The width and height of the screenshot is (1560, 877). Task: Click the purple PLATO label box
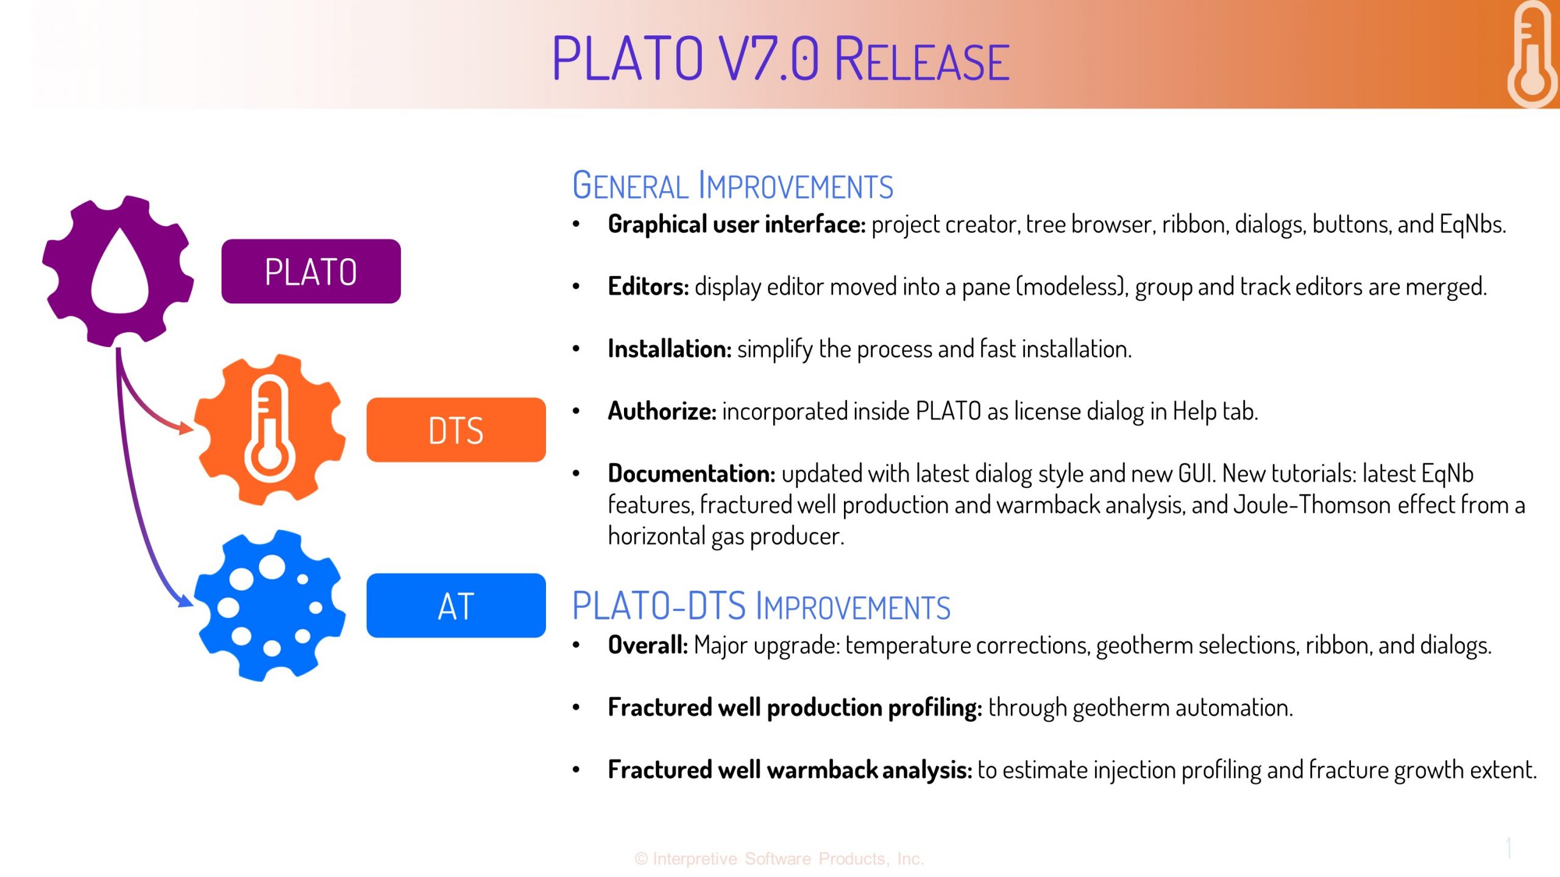(x=311, y=271)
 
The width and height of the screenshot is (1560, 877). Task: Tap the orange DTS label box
(x=456, y=429)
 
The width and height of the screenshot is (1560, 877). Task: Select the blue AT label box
(x=456, y=605)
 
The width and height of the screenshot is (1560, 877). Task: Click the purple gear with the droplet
(x=118, y=271)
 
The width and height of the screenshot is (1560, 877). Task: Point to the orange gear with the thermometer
(x=270, y=429)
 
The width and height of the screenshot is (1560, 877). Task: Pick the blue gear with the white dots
(x=270, y=605)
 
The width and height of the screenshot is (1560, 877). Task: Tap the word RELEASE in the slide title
(x=921, y=59)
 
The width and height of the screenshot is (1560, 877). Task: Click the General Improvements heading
(x=732, y=185)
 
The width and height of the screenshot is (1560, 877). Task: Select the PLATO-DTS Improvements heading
(x=761, y=606)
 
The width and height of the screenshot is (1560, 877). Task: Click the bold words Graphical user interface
(x=737, y=225)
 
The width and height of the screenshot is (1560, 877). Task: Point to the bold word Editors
(x=648, y=286)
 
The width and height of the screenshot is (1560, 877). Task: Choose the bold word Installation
(x=670, y=349)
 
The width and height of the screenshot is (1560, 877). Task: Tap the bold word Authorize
(x=662, y=411)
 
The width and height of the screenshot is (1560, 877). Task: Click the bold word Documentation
(x=692, y=473)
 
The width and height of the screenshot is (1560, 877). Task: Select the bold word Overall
(x=648, y=645)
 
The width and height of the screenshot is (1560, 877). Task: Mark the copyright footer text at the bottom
(x=779, y=859)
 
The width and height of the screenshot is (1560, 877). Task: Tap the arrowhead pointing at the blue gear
(x=185, y=601)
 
